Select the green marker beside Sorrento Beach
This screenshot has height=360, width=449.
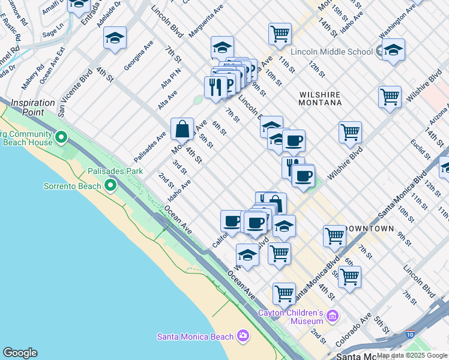coord(110,186)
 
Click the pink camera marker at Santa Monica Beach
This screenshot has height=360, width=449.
coord(243,336)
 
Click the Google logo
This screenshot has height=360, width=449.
coord(20,353)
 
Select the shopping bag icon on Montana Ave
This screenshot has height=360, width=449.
coord(182,128)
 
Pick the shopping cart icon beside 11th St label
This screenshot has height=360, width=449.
coord(280,34)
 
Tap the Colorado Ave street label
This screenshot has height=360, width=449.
coord(349,334)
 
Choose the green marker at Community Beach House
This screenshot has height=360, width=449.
coord(61,139)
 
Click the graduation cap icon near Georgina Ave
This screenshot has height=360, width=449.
coord(115,38)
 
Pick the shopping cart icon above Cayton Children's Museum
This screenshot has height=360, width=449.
coord(284,293)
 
